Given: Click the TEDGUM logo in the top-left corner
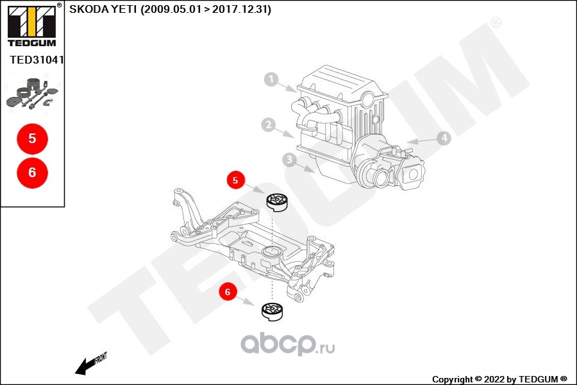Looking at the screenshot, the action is click(31, 25).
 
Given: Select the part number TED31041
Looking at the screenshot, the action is click(37, 60).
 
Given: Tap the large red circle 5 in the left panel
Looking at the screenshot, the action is click(33, 139).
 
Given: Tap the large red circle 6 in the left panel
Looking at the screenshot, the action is click(33, 173).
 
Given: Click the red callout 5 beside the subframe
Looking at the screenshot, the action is click(235, 180).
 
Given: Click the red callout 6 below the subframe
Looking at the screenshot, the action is click(228, 292).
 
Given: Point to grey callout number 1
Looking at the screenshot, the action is click(271, 79).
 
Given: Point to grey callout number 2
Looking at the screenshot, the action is click(269, 124).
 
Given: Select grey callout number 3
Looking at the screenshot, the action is click(290, 160).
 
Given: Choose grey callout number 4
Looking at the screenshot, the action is click(444, 138).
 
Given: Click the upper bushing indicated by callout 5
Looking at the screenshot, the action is click(277, 202).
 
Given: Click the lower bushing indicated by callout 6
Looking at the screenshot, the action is click(272, 312).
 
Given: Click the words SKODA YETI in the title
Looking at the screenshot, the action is click(103, 9).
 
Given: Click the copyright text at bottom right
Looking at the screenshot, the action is click(499, 379).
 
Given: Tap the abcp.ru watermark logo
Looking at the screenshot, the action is click(288, 345).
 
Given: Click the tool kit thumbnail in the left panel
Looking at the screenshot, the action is click(33, 94).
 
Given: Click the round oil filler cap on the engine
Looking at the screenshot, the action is click(368, 99).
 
